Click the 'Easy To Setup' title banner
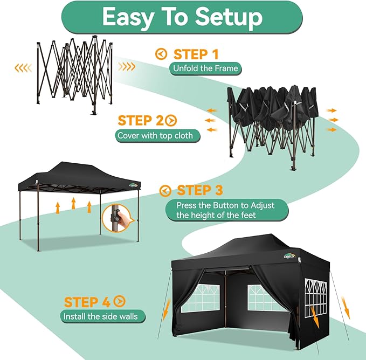pyautogui.click(x=182, y=17)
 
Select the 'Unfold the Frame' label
pyautogui.click(x=205, y=68)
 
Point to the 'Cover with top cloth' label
pyautogui.click(x=158, y=135)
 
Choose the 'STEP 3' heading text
pyautogui.click(x=200, y=190)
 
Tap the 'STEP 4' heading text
pyautogui.click(x=88, y=302)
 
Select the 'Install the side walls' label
pyautogui.click(x=100, y=316)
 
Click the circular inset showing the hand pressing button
pyautogui.click(x=118, y=219)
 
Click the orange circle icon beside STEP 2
pyautogui.click(x=171, y=120)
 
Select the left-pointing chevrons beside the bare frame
pyautogui.click(x=23, y=67)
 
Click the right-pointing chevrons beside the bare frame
pyautogui.click(x=127, y=67)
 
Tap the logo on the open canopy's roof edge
pyautogui.click(x=133, y=185)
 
